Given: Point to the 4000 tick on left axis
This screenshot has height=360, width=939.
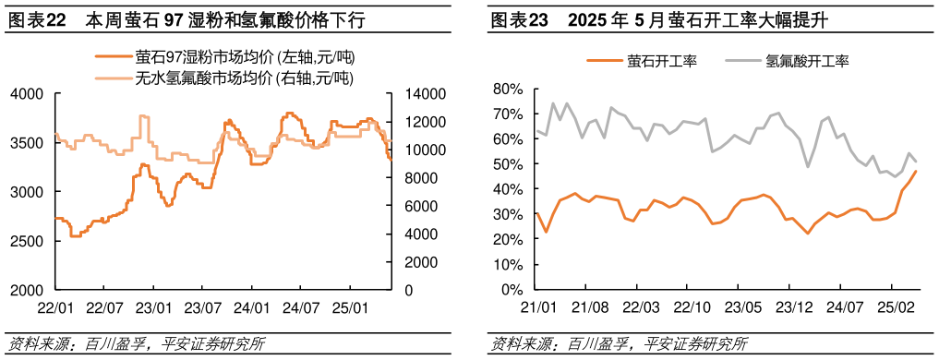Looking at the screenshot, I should (27, 94).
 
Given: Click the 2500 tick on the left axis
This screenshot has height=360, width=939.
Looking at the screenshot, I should (27, 241).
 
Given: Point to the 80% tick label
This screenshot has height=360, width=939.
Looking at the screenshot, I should (509, 90).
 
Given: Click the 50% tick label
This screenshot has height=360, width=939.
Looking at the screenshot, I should (509, 164).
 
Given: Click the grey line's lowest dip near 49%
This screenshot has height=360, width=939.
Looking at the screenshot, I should (808, 166).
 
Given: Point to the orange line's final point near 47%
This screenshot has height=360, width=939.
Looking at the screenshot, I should (916, 171).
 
